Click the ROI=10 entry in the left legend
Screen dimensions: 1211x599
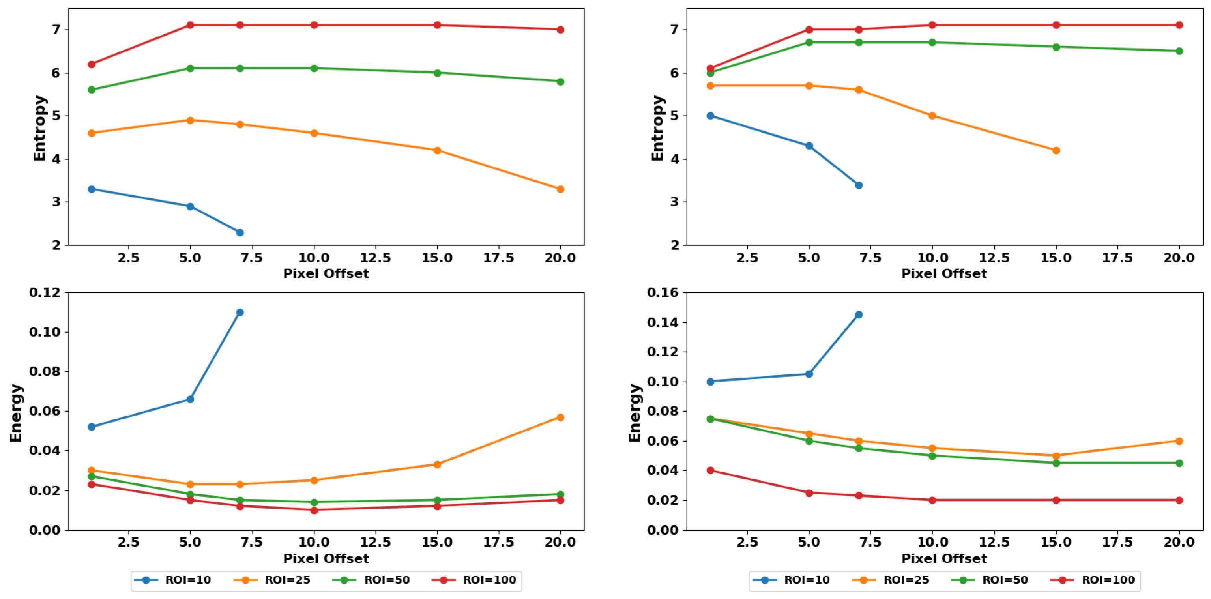172,580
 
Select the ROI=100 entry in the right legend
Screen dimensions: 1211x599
1093,580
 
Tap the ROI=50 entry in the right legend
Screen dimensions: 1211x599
989,580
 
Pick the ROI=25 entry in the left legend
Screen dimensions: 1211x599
272,580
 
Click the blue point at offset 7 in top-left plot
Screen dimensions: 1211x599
240,232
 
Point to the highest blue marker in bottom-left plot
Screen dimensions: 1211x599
240,312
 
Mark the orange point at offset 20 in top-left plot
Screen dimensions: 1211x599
560,189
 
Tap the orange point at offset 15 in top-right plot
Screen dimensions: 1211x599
1056,150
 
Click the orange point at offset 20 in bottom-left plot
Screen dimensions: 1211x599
560,417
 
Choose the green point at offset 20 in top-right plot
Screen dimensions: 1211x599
1179,51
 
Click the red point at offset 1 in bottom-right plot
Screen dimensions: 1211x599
710,470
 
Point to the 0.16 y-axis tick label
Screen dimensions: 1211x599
663,292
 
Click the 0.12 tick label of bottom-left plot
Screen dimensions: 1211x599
45,292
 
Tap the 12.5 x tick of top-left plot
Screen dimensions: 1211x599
375,258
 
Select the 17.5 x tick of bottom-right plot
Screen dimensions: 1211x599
1117,542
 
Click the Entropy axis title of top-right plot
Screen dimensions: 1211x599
657,128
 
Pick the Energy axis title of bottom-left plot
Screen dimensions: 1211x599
16,413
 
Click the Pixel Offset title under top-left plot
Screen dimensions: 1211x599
326,273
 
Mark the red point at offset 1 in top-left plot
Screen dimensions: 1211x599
92,64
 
